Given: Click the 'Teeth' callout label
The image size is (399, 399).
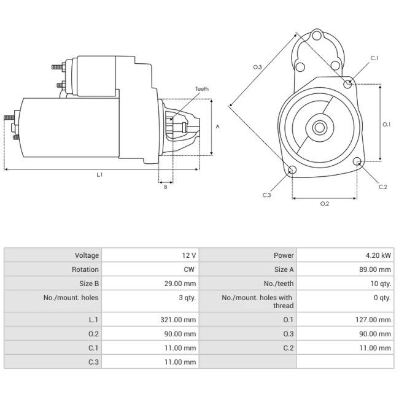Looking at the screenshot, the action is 202,89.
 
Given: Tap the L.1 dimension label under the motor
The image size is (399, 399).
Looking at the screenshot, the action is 99,174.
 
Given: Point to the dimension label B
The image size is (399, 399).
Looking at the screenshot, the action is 166,187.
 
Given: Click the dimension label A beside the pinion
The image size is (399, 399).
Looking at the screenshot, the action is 217,126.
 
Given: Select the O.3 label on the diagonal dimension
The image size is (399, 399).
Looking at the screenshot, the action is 257,67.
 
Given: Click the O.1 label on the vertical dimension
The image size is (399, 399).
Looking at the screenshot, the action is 386,124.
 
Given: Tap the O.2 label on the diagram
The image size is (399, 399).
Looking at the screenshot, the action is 325,204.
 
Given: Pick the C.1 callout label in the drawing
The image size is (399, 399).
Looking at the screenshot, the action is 374,58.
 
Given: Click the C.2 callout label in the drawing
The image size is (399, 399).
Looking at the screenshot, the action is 382,187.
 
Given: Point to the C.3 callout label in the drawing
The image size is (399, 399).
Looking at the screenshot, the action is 266,195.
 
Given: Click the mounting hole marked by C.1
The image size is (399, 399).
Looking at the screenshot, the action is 347,84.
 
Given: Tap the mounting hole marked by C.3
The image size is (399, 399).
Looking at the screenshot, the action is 292,169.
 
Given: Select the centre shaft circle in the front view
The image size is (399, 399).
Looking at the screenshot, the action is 320,127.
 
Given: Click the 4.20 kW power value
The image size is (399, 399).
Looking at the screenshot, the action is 378,255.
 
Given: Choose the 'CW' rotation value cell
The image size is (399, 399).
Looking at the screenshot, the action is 189,269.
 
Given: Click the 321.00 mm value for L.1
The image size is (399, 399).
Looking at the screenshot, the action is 178,320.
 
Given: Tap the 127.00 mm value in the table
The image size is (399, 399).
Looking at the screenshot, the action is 373,320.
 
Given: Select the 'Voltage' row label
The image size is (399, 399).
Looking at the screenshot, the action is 87,255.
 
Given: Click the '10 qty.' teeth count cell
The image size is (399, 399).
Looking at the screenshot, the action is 381,284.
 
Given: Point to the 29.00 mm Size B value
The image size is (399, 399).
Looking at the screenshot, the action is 180,284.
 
